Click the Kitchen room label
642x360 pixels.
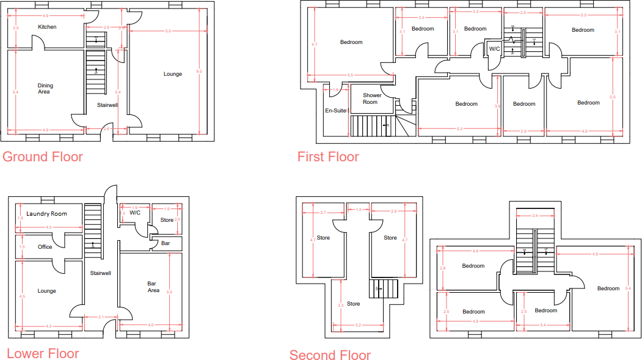(x=47, y=27)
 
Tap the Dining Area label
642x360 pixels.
(x=45, y=89)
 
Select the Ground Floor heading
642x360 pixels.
(x=43, y=156)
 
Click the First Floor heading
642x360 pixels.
(x=328, y=156)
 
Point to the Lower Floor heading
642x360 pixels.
(x=43, y=353)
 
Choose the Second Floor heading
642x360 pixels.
(x=330, y=355)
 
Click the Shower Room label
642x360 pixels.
(x=372, y=98)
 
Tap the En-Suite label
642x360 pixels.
(x=336, y=111)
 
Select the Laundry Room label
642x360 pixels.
(x=47, y=213)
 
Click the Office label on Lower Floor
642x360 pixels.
(x=45, y=247)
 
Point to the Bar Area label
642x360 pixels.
(x=153, y=287)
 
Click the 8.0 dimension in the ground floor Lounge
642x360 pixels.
(x=199, y=72)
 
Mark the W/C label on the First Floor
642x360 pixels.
(x=494, y=49)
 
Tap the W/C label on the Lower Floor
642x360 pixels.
(x=135, y=213)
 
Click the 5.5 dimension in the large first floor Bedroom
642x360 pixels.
(x=350, y=75)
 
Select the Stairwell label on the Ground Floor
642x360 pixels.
(x=108, y=105)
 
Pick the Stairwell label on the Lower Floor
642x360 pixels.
(x=100, y=273)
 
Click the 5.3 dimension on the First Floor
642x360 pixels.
(x=459, y=128)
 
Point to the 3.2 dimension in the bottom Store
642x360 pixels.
(x=357, y=325)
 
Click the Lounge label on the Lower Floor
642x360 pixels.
(x=46, y=291)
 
